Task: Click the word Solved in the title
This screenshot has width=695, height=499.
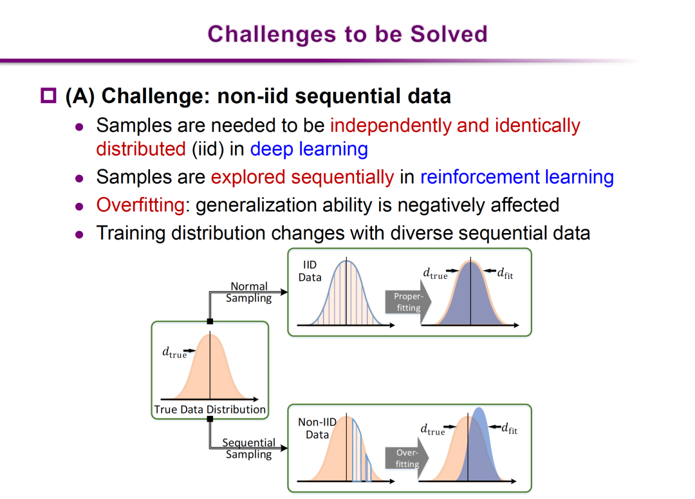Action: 449,34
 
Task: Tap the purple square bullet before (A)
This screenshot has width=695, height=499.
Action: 48,96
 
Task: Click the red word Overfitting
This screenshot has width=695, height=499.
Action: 140,205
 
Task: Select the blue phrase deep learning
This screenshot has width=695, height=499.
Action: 309,149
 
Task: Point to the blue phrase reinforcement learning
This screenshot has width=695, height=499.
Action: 517,177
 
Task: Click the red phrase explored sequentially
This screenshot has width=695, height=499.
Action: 302,178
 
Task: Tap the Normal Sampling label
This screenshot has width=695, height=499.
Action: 248,292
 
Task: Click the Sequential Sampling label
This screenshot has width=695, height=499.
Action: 248,448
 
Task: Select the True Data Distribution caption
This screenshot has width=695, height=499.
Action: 210,410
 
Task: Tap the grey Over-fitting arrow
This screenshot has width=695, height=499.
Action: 407,458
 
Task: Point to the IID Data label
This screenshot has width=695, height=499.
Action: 310,271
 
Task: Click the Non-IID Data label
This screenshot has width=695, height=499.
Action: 317,428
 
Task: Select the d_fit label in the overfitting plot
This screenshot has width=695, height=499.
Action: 509,428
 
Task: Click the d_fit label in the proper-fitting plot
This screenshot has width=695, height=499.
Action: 505,273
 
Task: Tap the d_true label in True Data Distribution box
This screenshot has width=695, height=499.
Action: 174,353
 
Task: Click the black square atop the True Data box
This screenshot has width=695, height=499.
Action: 210,321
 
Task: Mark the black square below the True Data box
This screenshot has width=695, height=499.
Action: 210,419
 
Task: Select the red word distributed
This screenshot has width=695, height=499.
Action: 141,149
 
